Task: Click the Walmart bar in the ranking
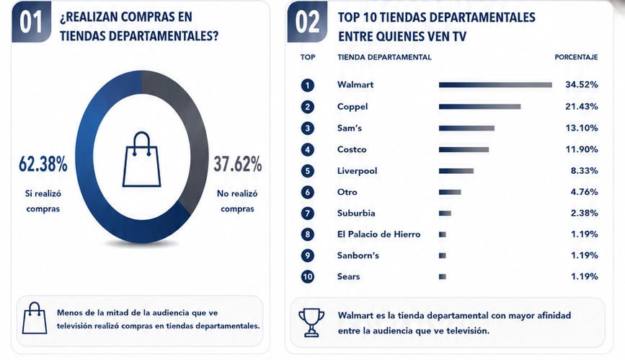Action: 495,85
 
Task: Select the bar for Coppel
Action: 480,107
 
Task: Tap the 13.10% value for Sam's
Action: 582,128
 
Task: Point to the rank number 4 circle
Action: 307,149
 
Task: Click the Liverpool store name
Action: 357,171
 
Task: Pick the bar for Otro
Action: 450,192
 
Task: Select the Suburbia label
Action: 356,213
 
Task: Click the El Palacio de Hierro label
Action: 378,234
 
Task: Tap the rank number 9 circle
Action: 307,255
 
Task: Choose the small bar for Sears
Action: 443,276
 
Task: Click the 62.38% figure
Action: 43,164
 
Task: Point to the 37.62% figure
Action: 238,164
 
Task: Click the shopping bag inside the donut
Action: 141,159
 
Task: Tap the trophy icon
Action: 311,322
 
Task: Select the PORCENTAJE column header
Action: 576,58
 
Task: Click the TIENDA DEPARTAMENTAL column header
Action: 384,58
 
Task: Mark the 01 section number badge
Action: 31,22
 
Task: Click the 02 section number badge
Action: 307,22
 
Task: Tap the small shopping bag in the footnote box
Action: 35,318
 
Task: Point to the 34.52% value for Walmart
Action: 582,84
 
